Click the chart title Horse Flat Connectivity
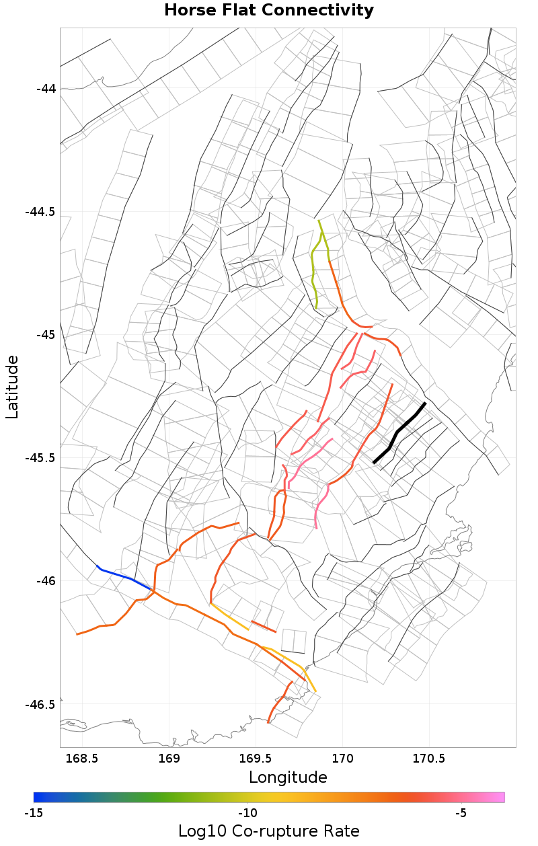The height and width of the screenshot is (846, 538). pos(269,11)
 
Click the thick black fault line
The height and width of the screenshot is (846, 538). pos(397,432)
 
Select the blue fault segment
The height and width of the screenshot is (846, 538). pos(124,577)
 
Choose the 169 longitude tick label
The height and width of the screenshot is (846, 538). pos(169,759)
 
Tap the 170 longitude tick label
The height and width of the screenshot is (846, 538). pos(343,759)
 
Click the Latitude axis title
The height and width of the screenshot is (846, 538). pos(13,387)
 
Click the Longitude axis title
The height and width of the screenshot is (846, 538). pos(288,777)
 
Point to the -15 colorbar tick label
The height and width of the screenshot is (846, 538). pos(34,813)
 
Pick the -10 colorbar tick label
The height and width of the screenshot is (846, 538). pos(247,813)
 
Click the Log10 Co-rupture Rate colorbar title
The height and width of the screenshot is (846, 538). pos(269,831)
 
